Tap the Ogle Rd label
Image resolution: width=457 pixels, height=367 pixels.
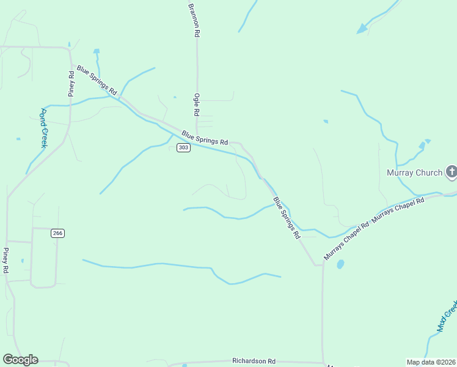click(197, 105)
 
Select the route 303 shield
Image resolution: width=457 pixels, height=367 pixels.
click(183, 148)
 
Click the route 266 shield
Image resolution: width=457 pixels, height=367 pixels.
click(57, 233)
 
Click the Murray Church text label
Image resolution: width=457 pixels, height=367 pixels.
click(414, 172)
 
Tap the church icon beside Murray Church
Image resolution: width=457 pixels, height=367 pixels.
click(451, 172)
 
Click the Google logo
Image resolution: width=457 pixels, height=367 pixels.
click(20, 360)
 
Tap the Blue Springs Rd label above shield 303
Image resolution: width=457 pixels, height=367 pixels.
click(205, 136)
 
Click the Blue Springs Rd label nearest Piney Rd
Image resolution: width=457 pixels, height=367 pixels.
click(95, 80)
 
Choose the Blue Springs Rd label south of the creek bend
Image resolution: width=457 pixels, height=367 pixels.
click(287, 217)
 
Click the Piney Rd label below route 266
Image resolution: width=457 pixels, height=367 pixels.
click(5, 260)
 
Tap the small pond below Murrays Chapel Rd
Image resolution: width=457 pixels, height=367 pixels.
click(340, 264)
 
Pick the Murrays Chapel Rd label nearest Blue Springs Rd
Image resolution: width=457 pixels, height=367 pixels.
click(346, 242)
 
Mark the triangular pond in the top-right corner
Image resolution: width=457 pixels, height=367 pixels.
click(362, 28)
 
